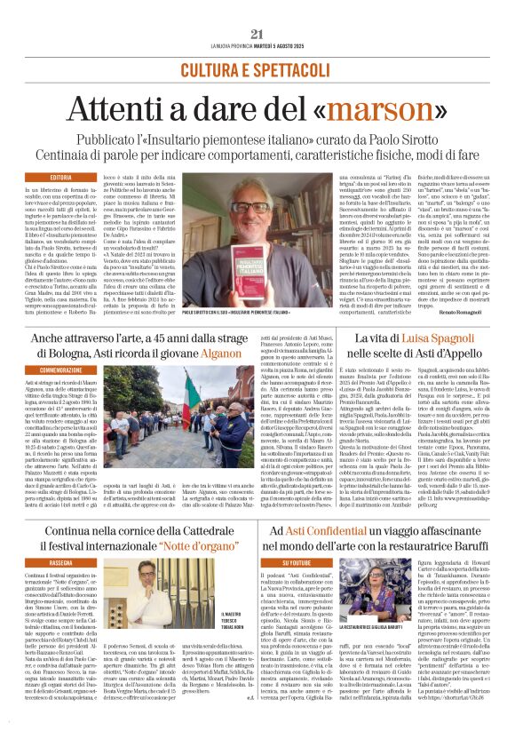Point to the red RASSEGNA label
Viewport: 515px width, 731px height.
click(x=60, y=562)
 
